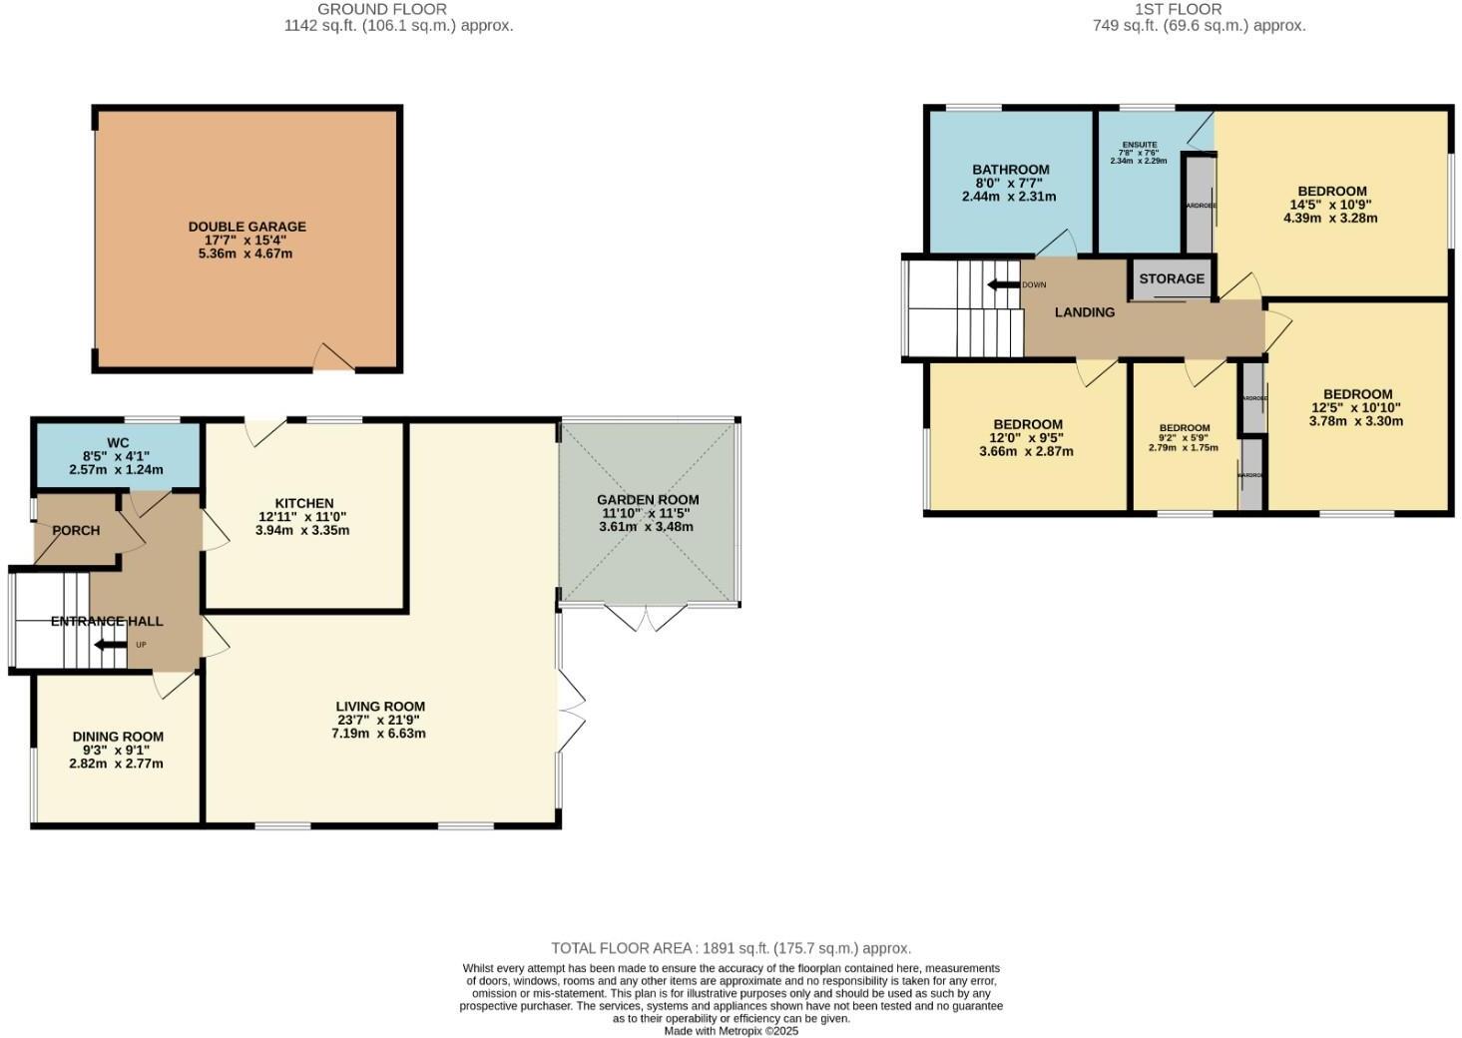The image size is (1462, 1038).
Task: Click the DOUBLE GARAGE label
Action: (246, 227)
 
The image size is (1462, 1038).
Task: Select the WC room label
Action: (118, 443)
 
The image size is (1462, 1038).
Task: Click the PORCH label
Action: (76, 530)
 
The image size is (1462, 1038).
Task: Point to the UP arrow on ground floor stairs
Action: (110, 645)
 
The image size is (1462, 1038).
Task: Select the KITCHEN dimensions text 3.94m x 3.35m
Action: (302, 530)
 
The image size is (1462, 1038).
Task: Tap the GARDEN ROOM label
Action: (648, 499)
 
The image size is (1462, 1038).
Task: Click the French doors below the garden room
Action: (647, 617)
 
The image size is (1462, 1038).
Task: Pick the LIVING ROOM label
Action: (380, 706)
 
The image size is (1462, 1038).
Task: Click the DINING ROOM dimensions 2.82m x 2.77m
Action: (116, 764)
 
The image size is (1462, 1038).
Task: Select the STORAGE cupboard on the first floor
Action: (1172, 278)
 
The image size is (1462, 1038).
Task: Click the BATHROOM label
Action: (1011, 170)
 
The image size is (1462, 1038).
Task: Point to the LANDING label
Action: (1085, 312)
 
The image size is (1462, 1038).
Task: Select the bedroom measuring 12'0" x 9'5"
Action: (1026, 437)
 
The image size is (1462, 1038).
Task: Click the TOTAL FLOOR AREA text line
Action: (731, 948)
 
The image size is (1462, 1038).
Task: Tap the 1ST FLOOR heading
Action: (1199, 9)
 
